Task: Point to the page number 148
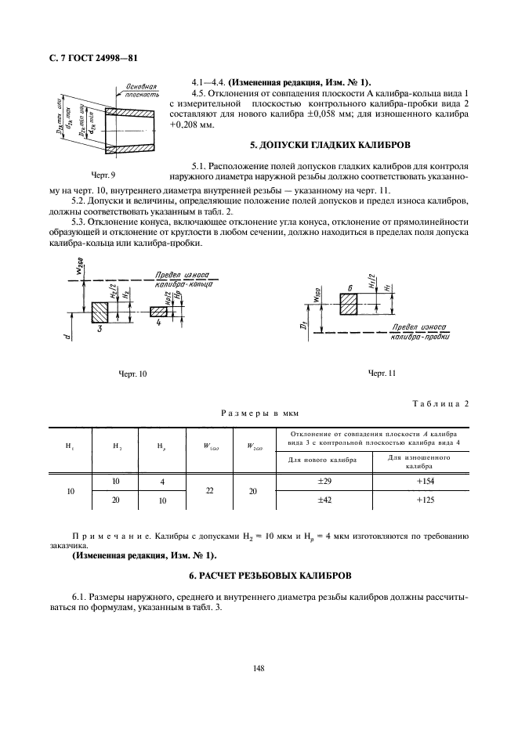tap(259, 668)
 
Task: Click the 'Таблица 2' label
tap(440, 403)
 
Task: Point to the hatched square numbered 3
tap(101, 312)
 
